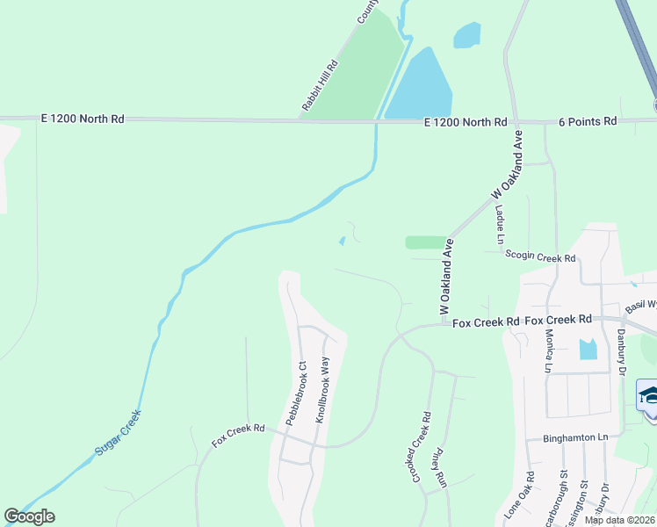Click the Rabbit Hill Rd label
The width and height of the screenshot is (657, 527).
[x=320, y=85]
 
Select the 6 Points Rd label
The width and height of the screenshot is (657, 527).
[x=588, y=121]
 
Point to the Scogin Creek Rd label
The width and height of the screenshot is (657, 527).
[x=540, y=257]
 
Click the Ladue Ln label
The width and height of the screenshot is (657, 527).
[x=500, y=225]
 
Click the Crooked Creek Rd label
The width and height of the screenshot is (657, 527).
[x=421, y=447]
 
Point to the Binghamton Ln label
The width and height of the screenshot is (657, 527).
[x=575, y=437]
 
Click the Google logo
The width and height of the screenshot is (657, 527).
[x=30, y=516]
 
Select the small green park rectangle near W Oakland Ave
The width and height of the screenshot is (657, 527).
[x=426, y=242]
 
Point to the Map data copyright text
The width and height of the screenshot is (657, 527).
[x=620, y=520]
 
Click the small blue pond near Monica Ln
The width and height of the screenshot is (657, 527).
[x=588, y=350]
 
